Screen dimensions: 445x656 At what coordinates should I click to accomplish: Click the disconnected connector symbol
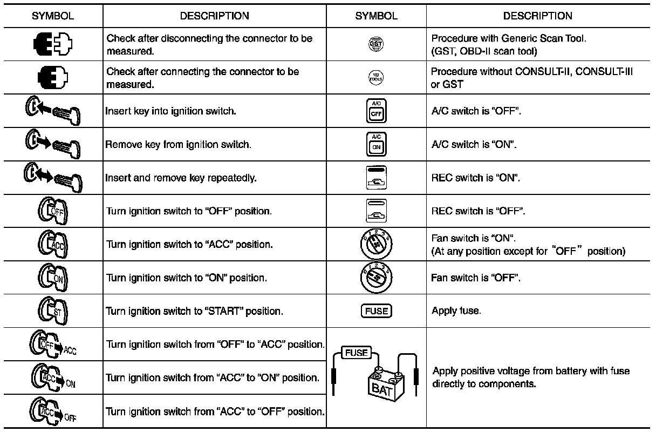coord(53,45)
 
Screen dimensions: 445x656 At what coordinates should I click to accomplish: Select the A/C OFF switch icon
coord(376,112)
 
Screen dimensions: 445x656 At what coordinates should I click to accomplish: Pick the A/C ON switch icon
coord(376,145)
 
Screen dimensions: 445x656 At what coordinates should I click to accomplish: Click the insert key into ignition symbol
coord(53,112)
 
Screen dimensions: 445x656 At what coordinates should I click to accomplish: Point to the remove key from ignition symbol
coord(53,145)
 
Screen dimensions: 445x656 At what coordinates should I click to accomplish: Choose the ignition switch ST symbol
coord(52,311)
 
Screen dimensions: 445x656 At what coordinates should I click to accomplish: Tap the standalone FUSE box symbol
coord(376,311)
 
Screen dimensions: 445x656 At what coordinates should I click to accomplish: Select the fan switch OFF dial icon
coord(376,278)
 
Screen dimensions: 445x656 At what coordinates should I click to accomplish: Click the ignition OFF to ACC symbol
coord(53,345)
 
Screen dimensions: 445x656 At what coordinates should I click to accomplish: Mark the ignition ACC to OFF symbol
coord(53,411)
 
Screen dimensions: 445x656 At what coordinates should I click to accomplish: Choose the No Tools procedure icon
coord(376,78)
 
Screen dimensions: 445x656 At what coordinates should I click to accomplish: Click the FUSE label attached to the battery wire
coord(356,353)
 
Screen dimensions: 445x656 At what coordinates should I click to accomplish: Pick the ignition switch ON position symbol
coord(52,278)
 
